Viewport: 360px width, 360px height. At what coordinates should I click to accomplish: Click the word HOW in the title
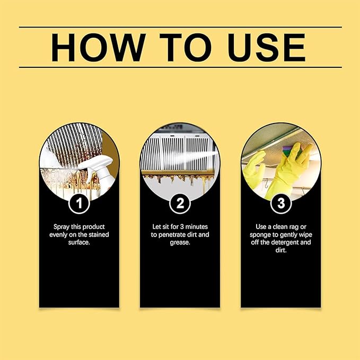click(99, 47)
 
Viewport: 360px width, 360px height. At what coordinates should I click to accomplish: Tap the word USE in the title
click(266, 47)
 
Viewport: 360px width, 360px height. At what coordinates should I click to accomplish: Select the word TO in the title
click(186, 47)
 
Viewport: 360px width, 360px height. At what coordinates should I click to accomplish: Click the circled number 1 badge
click(79, 204)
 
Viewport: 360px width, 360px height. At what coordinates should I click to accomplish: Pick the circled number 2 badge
click(180, 204)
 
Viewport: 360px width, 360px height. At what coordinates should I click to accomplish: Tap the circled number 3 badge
click(281, 204)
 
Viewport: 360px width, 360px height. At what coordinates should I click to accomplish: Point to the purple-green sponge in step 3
click(289, 151)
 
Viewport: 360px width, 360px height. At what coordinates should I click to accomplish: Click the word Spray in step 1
click(62, 227)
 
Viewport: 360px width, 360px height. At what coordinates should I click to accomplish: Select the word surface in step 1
click(78, 242)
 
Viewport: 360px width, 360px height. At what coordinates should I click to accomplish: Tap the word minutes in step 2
click(197, 227)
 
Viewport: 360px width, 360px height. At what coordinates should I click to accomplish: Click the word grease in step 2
click(180, 243)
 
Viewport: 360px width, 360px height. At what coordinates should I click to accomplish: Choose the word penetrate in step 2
click(172, 235)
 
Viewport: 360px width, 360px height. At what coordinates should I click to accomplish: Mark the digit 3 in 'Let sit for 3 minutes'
click(182, 227)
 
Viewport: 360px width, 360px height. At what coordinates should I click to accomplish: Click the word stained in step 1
click(99, 235)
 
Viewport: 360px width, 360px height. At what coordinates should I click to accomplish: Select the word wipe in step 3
click(305, 235)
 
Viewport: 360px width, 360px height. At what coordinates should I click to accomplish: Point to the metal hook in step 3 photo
click(267, 184)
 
